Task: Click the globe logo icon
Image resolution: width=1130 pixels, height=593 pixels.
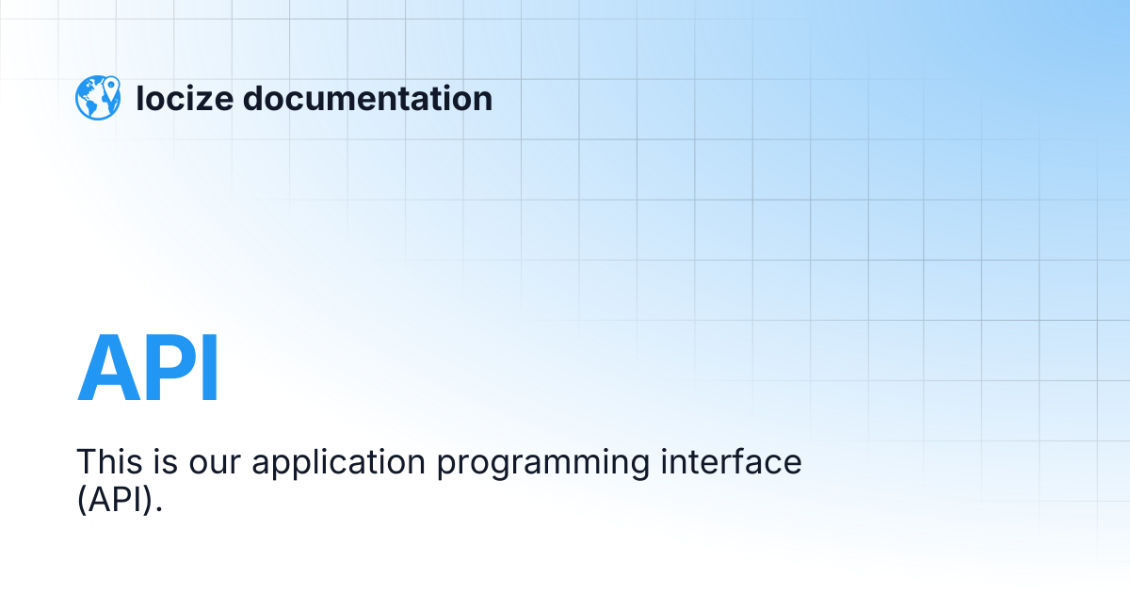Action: tap(98, 98)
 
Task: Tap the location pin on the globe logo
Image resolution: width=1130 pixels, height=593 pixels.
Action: tap(111, 88)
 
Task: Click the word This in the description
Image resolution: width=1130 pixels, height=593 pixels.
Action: tap(108, 462)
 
